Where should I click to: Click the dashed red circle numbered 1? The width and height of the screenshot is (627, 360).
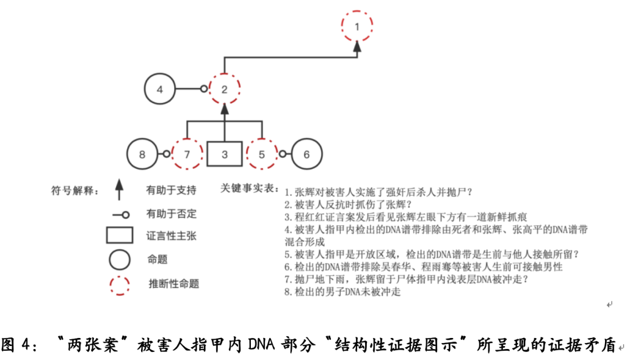[357, 12]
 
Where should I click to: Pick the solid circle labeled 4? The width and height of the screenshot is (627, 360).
[160, 74]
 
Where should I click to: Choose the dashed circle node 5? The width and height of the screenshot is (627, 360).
[261, 139]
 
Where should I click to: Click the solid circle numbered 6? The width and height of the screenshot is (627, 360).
[307, 139]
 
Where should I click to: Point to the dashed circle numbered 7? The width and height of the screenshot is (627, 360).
[187, 139]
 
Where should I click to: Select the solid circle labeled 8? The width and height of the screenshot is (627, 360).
[142, 139]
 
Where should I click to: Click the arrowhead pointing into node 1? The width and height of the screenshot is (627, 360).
[357, 46]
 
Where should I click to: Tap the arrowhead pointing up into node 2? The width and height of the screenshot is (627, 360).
[224, 109]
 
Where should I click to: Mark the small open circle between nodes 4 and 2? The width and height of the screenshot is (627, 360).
[204, 89]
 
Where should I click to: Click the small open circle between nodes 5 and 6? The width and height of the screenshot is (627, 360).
[282, 154]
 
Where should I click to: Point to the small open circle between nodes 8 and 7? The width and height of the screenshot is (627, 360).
[167, 154]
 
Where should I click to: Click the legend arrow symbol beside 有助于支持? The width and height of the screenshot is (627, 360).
[119, 189]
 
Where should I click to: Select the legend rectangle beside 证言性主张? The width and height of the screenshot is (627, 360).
[120, 235]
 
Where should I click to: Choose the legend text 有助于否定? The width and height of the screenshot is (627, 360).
[171, 214]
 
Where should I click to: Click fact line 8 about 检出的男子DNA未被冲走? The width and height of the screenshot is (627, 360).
[343, 291]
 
